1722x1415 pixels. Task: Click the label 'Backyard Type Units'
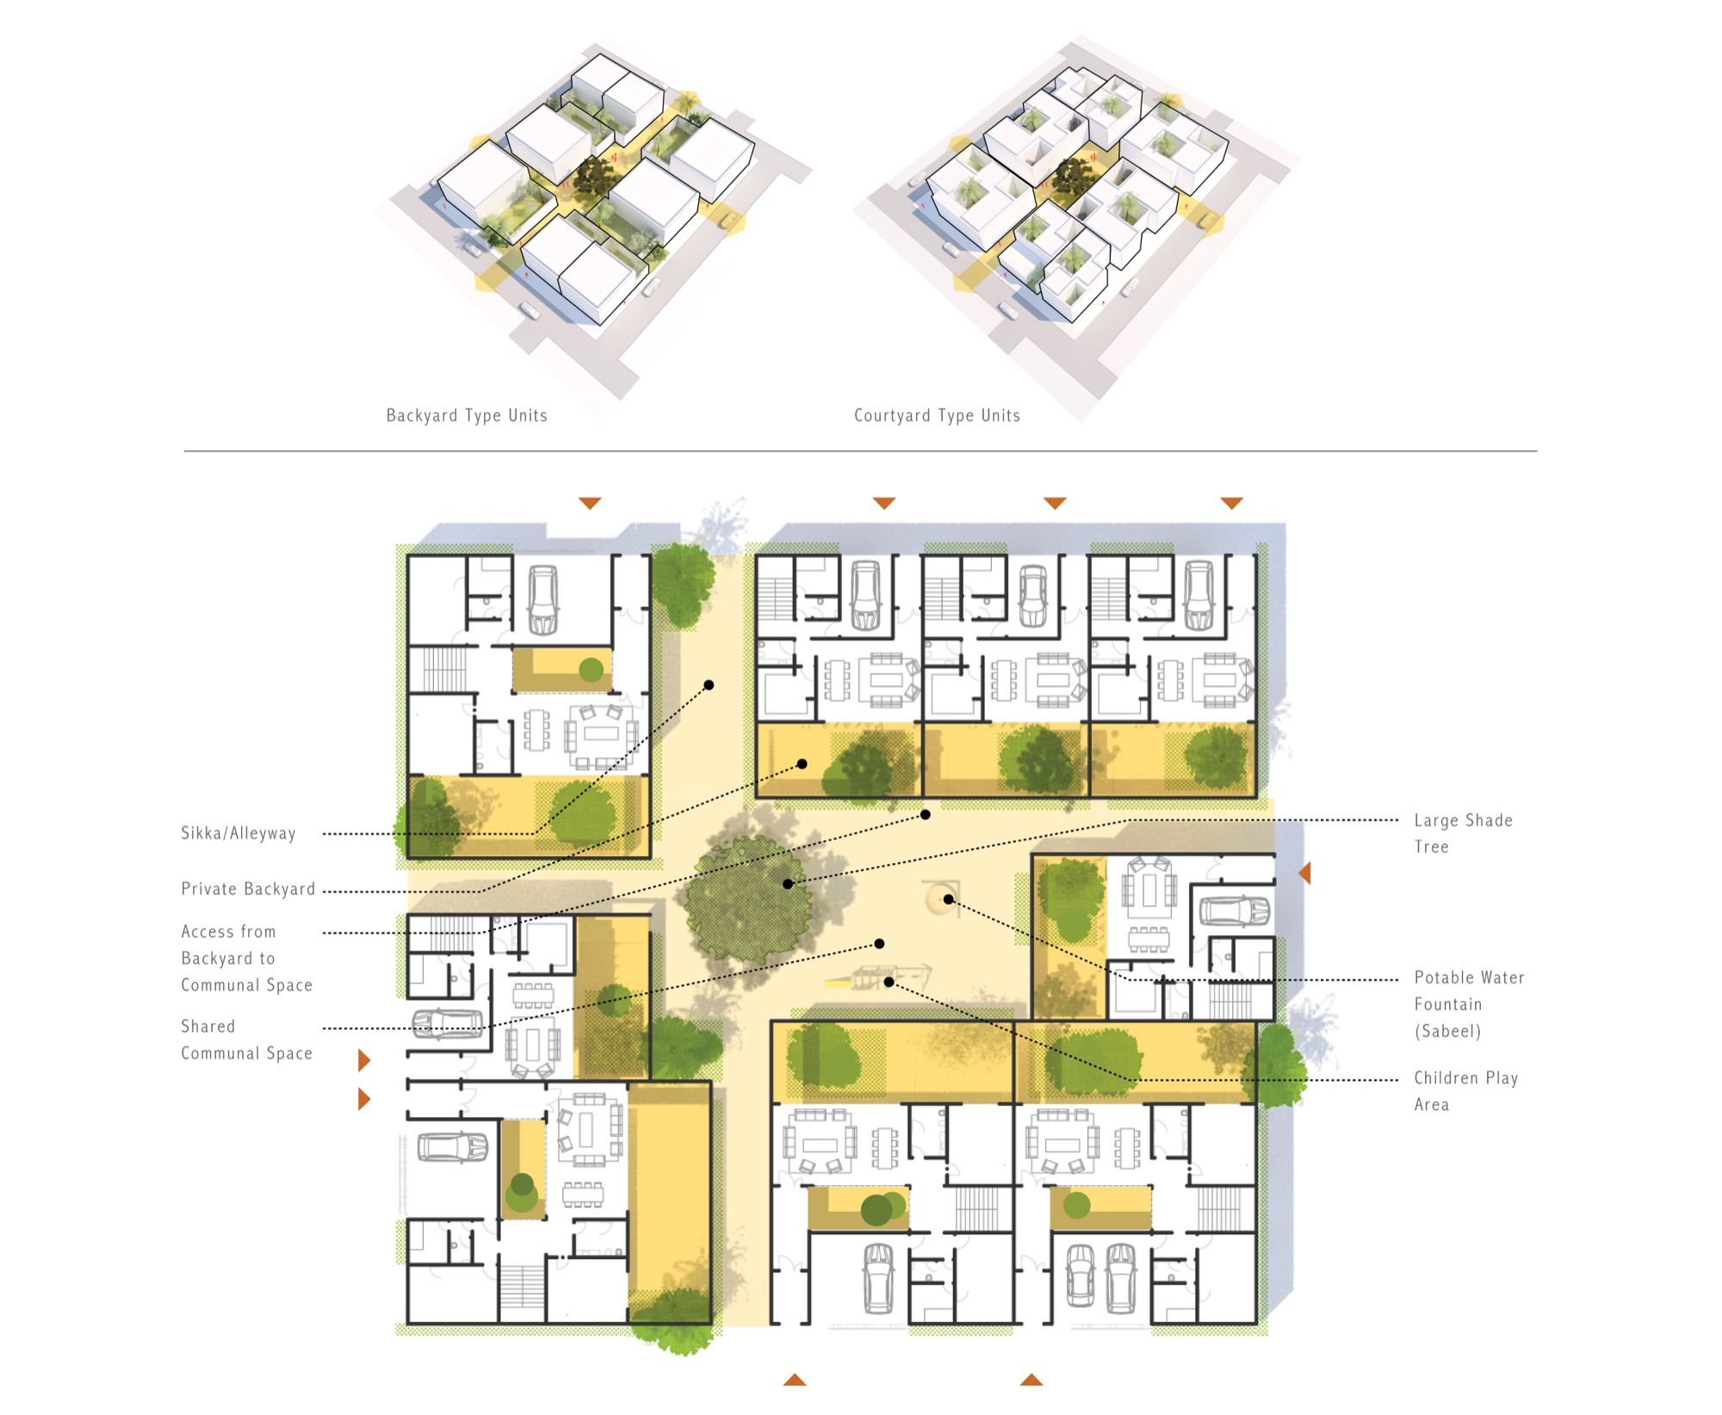pyautogui.click(x=467, y=415)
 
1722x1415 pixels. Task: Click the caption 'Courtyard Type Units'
pyautogui.click(x=937, y=415)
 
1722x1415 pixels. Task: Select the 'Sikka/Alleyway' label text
pyautogui.click(x=238, y=833)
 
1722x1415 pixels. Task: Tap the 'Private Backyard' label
pyautogui.click(x=248, y=889)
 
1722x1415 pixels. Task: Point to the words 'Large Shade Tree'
pyautogui.click(x=1463, y=833)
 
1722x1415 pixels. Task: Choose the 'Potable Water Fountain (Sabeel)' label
pyautogui.click(x=1469, y=1004)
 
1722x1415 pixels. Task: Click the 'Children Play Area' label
pyautogui.click(x=1465, y=1090)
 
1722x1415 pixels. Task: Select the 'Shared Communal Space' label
pyautogui.click(x=246, y=1040)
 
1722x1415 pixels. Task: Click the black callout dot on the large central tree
pyautogui.click(x=788, y=884)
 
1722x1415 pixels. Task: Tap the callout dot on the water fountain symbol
pyautogui.click(x=948, y=899)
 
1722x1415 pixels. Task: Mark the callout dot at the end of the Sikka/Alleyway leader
pyautogui.click(x=709, y=685)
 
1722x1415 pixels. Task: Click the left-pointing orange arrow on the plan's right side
pyautogui.click(x=1304, y=873)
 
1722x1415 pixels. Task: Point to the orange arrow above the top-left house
pyautogui.click(x=590, y=503)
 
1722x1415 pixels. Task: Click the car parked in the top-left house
pyautogui.click(x=542, y=600)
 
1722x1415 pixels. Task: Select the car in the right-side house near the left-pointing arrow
pyautogui.click(x=1234, y=910)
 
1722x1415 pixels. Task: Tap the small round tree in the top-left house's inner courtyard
pyautogui.click(x=591, y=669)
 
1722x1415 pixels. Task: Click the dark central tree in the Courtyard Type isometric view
pyautogui.click(x=1072, y=177)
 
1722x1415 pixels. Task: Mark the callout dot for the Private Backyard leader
pyautogui.click(x=802, y=764)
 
